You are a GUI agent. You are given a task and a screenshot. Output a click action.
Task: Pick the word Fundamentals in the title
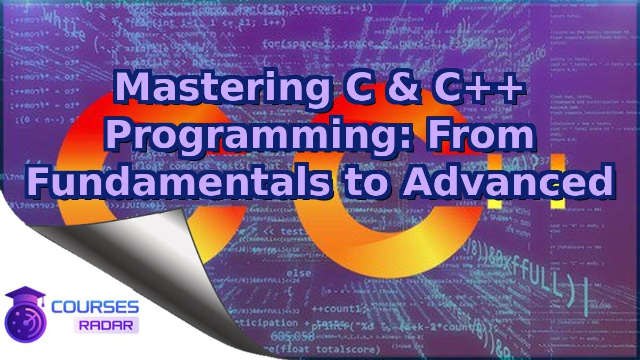coord(172,181)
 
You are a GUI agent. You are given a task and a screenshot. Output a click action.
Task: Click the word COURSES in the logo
coord(95,307)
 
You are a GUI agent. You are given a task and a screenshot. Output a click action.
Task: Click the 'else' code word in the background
coord(299,273)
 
